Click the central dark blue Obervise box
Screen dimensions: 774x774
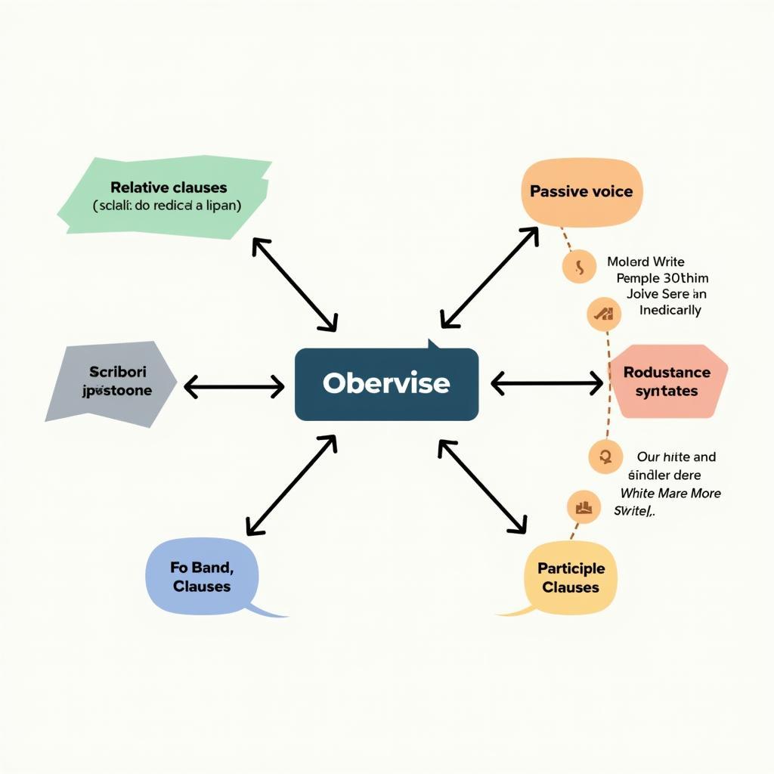click(x=386, y=384)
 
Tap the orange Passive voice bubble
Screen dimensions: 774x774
click(x=580, y=192)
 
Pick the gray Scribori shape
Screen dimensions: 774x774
click(x=113, y=382)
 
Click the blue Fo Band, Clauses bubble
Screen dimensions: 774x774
click(x=201, y=576)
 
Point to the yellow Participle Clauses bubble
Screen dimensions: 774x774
click(x=571, y=577)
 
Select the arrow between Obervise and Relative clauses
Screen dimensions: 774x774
click(x=294, y=284)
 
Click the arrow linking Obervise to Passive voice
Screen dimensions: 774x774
click(x=490, y=277)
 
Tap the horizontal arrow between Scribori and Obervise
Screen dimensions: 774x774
click(x=234, y=387)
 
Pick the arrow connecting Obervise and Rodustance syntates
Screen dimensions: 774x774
click(x=547, y=384)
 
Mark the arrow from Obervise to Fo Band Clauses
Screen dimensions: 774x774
click(x=291, y=485)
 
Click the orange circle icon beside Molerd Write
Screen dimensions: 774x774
click(x=579, y=267)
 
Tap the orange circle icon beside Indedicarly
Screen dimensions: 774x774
click(x=604, y=314)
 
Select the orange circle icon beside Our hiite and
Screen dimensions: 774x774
click(x=605, y=457)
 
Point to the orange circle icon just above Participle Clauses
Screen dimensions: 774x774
click(x=583, y=507)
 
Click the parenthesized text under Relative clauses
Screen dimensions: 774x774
click(x=167, y=206)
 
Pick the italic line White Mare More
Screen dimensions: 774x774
click(x=670, y=493)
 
